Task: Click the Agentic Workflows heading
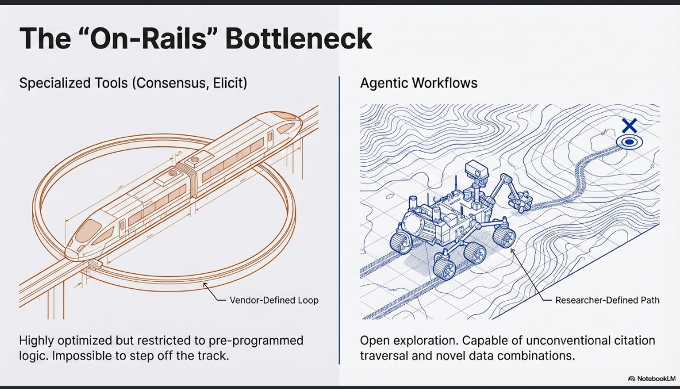[x=419, y=83]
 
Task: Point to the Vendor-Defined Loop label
[x=274, y=300]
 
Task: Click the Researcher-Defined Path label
[x=607, y=300]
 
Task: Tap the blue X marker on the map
[x=629, y=126]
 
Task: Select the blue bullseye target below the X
[x=629, y=142]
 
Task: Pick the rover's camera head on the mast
[x=474, y=169]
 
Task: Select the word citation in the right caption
[x=631, y=341]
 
